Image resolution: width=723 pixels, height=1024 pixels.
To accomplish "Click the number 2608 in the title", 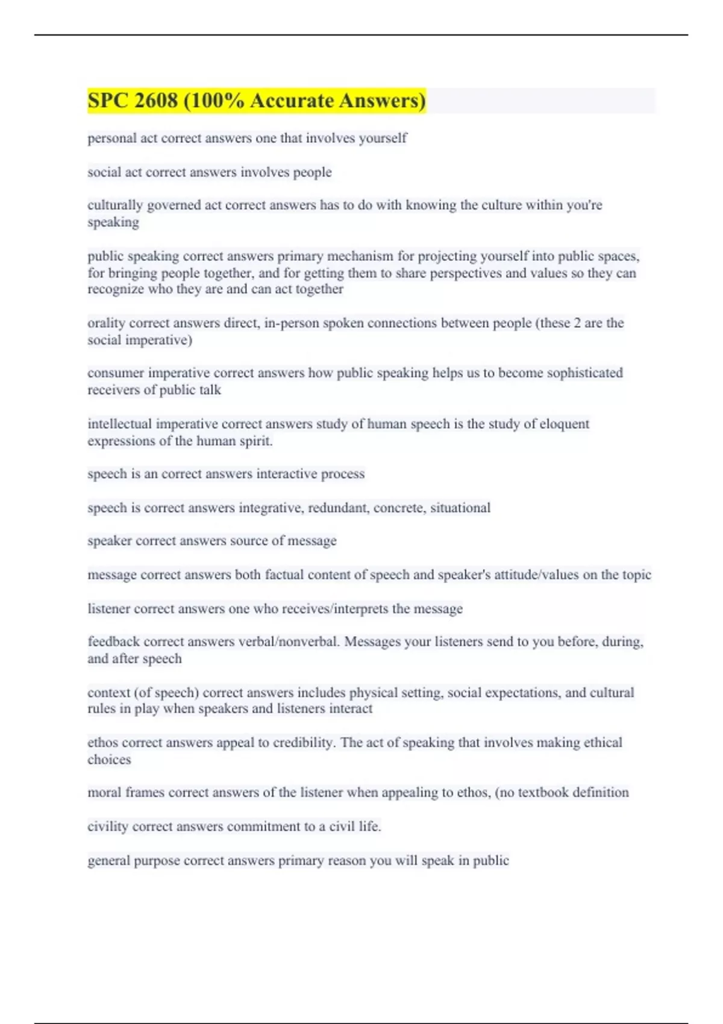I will (x=156, y=101).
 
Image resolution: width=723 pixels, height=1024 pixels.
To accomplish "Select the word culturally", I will (x=115, y=205).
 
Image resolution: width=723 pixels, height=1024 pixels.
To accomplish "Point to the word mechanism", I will (x=360, y=256).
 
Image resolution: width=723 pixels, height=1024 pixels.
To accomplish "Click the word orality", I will (x=106, y=323).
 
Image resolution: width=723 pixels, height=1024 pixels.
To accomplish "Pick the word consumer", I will (x=116, y=373).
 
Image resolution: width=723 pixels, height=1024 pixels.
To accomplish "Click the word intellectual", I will (x=119, y=424).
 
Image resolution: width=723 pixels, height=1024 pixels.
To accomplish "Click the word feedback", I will (x=113, y=642).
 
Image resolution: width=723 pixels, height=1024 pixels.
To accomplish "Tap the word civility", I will (x=108, y=827).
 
